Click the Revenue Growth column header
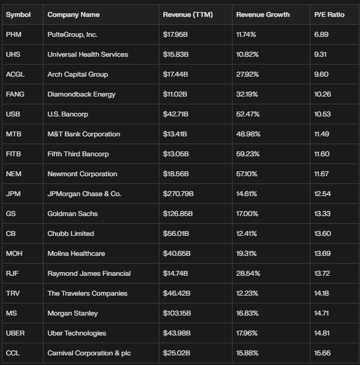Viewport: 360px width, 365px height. pos(263,14)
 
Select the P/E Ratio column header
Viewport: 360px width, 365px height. pos(329,14)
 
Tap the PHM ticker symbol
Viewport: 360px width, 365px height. pos(13,34)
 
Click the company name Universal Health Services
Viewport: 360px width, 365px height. pos(88,54)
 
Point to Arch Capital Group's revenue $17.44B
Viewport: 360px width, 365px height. pos(175,74)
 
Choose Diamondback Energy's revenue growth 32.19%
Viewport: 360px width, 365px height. pos(247,94)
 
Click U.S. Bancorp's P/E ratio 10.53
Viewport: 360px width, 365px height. pos(323,114)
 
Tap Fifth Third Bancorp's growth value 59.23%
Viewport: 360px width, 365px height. pos(248,154)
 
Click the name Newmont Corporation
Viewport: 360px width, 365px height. pos(82,174)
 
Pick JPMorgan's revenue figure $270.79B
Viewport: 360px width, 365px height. pos(178,194)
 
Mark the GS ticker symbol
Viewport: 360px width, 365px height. pos(11,214)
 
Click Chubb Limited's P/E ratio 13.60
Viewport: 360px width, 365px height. pos(323,233)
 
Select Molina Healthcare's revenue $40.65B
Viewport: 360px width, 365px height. pos(176,253)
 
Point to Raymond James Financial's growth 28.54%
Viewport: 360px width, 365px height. pos(248,273)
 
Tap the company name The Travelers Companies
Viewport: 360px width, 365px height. pos(88,293)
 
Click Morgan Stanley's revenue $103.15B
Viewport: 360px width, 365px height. pos(177,313)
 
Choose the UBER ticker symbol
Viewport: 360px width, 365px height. pos(15,333)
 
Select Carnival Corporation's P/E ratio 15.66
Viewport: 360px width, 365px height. pos(323,353)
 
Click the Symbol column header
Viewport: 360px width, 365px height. pos(18,14)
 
